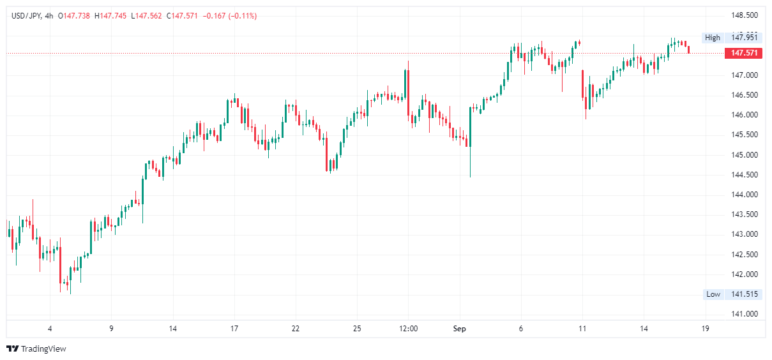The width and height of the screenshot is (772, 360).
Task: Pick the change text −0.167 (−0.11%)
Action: point(230,16)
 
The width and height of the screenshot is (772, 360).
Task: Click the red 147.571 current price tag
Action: point(744,53)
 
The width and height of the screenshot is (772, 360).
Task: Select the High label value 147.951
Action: point(745,38)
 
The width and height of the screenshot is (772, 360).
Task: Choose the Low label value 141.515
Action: point(745,294)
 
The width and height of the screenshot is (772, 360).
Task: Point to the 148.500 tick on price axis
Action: point(744,15)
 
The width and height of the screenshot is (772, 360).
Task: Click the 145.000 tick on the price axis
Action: point(744,155)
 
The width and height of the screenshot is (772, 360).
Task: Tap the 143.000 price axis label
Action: point(744,235)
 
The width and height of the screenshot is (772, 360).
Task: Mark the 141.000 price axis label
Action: point(744,314)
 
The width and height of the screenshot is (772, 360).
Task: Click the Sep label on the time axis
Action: point(460,329)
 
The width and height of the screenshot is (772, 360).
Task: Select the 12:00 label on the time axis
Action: point(408,329)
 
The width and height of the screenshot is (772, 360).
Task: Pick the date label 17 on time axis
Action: point(234,329)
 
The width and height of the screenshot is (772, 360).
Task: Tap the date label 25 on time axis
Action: point(357,329)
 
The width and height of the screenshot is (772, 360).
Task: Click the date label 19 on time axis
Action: point(705,329)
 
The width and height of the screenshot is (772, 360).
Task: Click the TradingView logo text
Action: point(43,349)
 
